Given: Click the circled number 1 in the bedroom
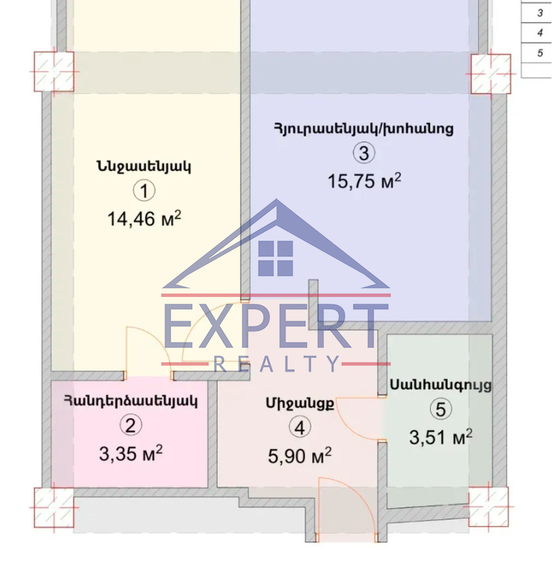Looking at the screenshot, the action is [x=144, y=191].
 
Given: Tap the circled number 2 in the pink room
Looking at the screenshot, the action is [x=130, y=426].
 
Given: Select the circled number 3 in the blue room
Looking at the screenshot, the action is [x=364, y=153].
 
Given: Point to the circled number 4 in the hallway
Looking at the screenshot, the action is [x=300, y=427].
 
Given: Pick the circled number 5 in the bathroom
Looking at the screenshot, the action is [x=441, y=409].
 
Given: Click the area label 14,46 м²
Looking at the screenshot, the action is [x=144, y=219].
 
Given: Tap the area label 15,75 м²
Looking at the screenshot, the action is [x=364, y=181].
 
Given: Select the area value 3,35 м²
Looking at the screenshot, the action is [x=130, y=453].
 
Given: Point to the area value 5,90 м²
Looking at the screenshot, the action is [x=300, y=455].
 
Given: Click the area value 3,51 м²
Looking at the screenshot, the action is [x=441, y=437].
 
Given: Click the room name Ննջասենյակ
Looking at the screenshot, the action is [x=143, y=167].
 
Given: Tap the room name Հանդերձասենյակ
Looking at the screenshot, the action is [x=131, y=401].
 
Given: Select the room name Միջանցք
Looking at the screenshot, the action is [x=300, y=404].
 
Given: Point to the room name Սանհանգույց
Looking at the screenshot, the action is [x=441, y=385].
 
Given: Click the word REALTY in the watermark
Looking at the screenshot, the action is [x=277, y=363].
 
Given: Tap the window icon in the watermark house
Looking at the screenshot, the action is [x=275, y=258].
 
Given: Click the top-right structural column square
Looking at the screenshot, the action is [x=491, y=74].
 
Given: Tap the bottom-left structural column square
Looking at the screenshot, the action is [x=54, y=507].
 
